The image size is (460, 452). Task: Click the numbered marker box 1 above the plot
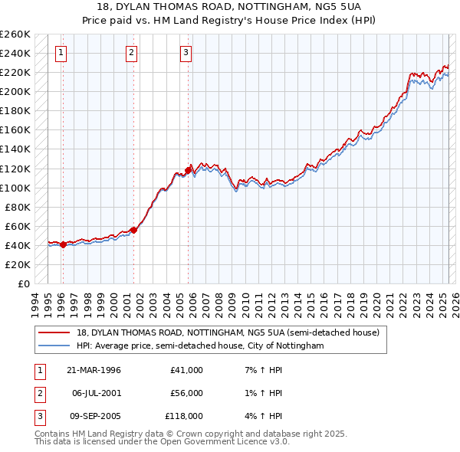[x=61, y=53]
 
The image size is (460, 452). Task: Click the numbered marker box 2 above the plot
[x=131, y=53]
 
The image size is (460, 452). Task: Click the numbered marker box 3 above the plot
[x=186, y=53]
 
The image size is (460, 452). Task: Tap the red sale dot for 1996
[x=63, y=244]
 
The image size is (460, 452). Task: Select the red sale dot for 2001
[x=133, y=230]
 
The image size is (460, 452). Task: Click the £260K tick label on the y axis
[x=15, y=34]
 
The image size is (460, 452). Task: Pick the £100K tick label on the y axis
[x=15, y=188]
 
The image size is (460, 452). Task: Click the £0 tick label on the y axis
[x=23, y=283]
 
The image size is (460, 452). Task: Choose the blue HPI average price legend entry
[x=200, y=346]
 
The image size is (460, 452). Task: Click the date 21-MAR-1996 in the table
[x=94, y=370]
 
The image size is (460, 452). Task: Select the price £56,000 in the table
[x=186, y=393]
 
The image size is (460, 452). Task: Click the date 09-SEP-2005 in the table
[x=94, y=416]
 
